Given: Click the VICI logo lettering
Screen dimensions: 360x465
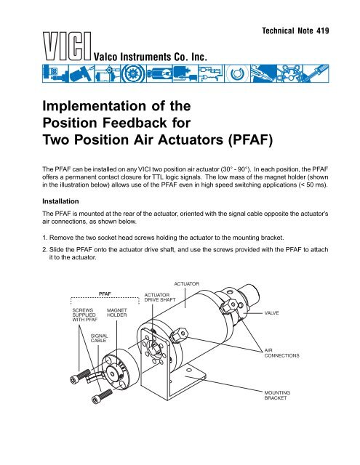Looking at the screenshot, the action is point(67,46).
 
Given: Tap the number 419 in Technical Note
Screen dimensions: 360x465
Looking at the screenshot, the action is point(323,31).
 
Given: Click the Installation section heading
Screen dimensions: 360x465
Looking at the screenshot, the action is point(60,201).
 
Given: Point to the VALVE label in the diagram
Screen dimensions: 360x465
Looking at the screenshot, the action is point(271,313).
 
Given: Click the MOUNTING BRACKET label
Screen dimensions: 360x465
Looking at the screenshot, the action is point(277,395).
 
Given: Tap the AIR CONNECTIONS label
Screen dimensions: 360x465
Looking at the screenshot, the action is point(281,353).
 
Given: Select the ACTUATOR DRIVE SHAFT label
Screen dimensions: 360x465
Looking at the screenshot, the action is point(160,297).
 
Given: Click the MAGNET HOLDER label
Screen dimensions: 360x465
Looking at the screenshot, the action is point(116,312).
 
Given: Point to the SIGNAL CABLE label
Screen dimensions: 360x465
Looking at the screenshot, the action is point(99,338).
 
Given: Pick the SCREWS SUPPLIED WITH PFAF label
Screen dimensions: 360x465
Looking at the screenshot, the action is point(84,315).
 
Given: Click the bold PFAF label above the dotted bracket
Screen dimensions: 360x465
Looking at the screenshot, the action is point(105,294).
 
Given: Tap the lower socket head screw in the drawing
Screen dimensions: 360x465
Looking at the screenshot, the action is point(102,397).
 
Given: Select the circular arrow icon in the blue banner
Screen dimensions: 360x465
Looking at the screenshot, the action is point(236,73).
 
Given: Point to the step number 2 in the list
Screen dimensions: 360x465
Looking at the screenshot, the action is point(45,250).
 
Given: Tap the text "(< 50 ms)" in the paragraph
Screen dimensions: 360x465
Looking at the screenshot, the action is point(313,185).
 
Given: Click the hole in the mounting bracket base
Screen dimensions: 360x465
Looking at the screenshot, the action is point(188,370).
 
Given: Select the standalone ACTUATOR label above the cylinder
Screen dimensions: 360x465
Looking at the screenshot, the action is point(186,284).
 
